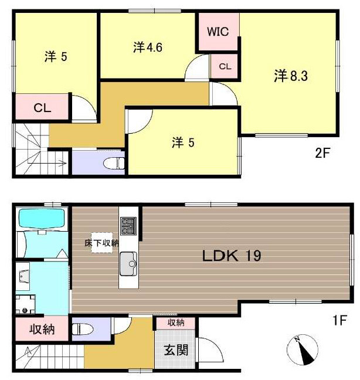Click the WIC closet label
218,32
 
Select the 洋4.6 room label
148,47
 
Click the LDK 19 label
232,256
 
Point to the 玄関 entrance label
176,350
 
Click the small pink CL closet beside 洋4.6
225,66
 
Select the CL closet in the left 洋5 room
42,107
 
